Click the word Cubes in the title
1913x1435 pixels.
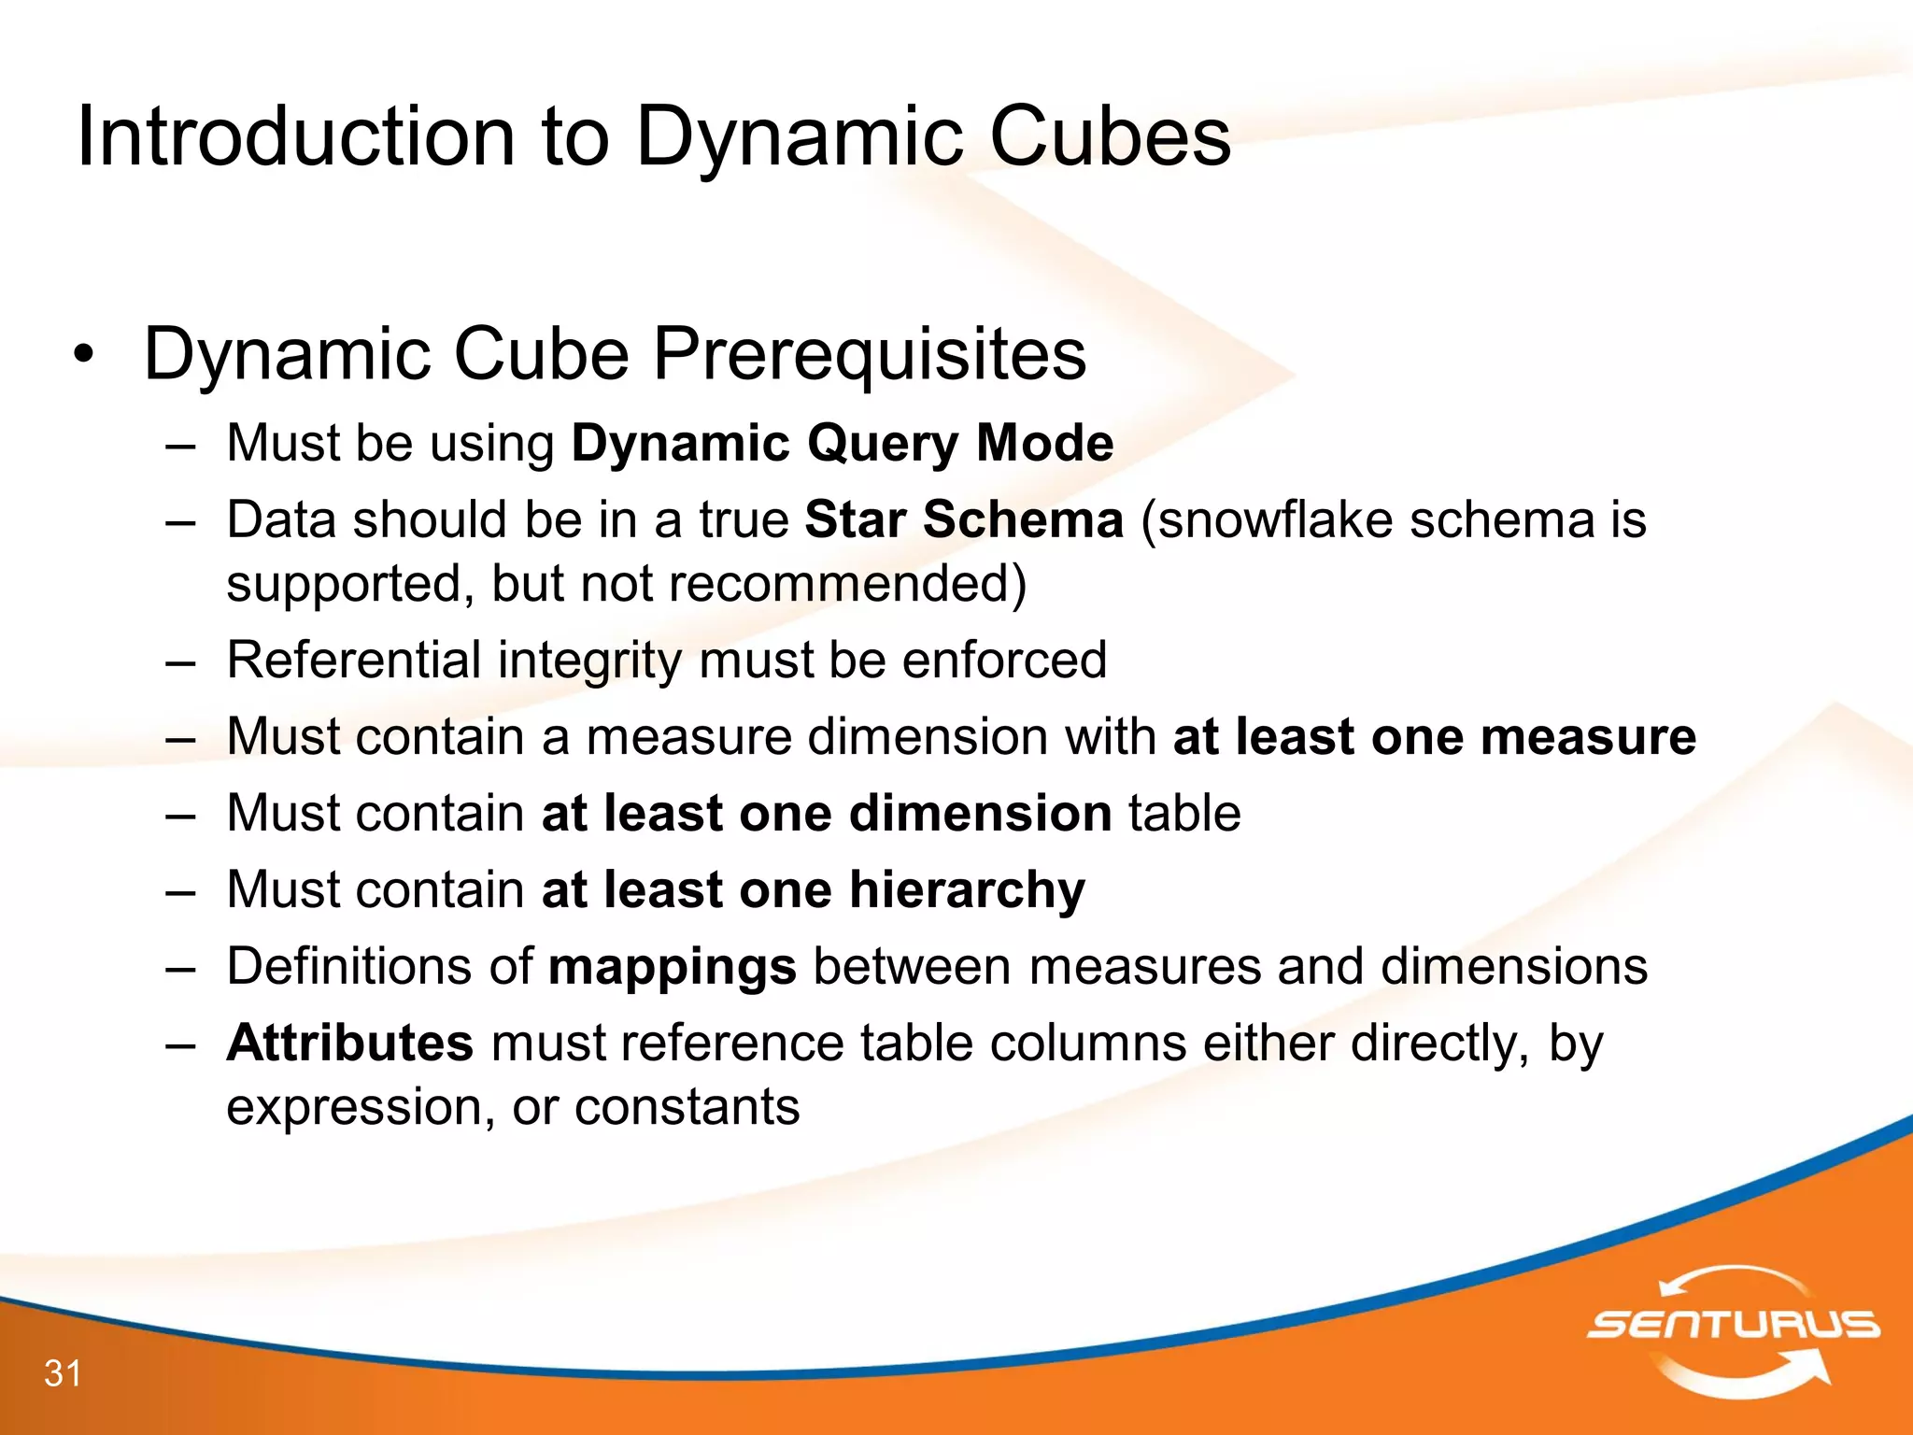coord(1110,137)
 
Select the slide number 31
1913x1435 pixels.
coord(63,1373)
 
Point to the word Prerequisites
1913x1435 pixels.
coord(869,355)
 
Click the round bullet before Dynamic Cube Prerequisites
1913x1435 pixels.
coord(84,356)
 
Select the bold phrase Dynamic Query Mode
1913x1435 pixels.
coord(842,443)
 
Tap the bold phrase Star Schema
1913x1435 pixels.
coord(964,519)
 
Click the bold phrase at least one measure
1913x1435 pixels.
coord(1434,736)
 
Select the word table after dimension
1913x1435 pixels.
coord(1184,813)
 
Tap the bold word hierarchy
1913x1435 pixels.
coord(967,889)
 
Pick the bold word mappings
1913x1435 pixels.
coord(673,966)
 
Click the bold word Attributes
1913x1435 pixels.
coord(350,1043)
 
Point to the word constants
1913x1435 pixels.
coord(687,1107)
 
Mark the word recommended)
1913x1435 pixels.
coord(847,584)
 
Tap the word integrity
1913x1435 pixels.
coord(589,660)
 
